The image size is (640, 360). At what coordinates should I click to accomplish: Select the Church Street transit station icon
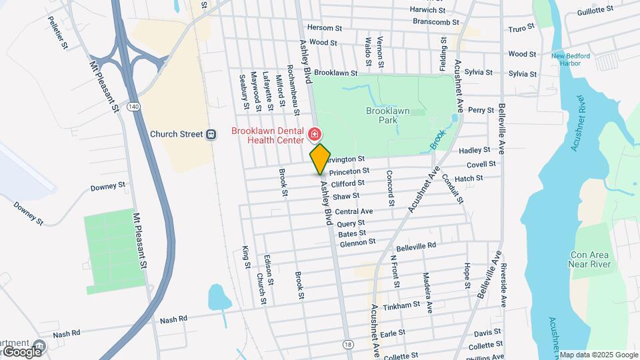[211, 134]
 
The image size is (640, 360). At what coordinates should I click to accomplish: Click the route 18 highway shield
[348, 343]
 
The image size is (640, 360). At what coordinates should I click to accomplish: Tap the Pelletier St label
[57, 35]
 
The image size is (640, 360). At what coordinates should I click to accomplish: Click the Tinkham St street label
[403, 305]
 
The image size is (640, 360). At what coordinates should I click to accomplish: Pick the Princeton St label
[349, 171]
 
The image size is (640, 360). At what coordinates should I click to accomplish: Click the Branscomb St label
[436, 21]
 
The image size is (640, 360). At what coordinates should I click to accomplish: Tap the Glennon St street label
[357, 243]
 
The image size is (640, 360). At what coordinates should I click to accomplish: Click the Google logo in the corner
[22, 351]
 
